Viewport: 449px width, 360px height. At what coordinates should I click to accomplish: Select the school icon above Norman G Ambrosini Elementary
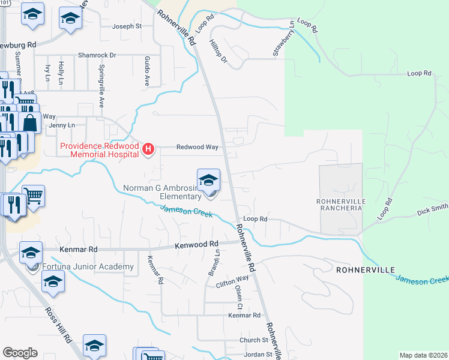pyautogui.click(x=208, y=179)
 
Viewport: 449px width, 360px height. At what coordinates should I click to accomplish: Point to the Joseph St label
pyautogui.click(x=127, y=26)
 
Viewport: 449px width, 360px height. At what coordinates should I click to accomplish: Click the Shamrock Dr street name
pyautogui.click(x=96, y=55)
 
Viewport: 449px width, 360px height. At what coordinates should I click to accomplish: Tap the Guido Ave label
pyautogui.click(x=146, y=70)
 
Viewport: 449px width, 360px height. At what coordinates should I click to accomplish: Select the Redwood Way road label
pyautogui.click(x=196, y=146)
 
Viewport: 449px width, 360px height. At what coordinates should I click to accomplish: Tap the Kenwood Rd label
pyautogui.click(x=196, y=245)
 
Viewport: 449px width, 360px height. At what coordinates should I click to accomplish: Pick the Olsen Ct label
pyautogui.click(x=239, y=294)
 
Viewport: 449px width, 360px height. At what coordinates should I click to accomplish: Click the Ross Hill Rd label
pyautogui.click(x=59, y=325)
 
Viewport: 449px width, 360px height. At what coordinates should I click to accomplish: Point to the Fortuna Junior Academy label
pyautogui.click(x=88, y=267)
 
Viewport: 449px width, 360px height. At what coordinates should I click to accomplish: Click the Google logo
pyautogui.click(x=20, y=353)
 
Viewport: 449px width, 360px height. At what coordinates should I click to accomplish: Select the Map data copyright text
pyautogui.click(x=423, y=355)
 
